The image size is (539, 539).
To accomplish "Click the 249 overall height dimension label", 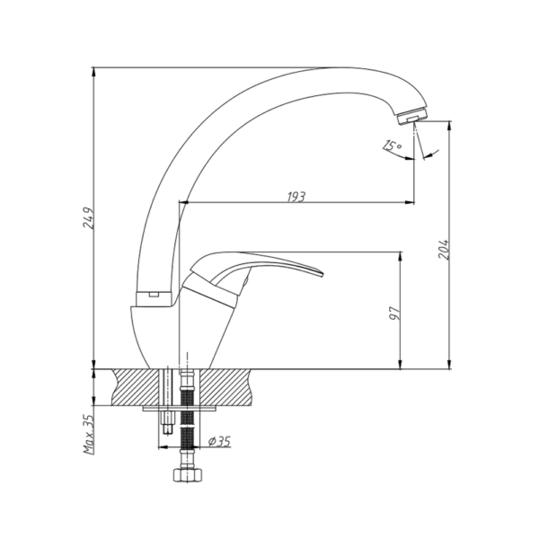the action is pos(88,217).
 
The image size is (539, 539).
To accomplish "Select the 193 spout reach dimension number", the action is pos(296,197).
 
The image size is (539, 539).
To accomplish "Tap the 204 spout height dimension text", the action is pos(444,249).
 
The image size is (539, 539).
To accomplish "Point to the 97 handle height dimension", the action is pos(395,313).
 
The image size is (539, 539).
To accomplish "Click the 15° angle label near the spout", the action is pos(392,146).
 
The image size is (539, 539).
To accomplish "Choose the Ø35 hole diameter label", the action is pos(219,441).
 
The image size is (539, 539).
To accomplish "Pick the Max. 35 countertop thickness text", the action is pos(89,434).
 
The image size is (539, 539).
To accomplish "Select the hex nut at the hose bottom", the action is pos(188,474).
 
